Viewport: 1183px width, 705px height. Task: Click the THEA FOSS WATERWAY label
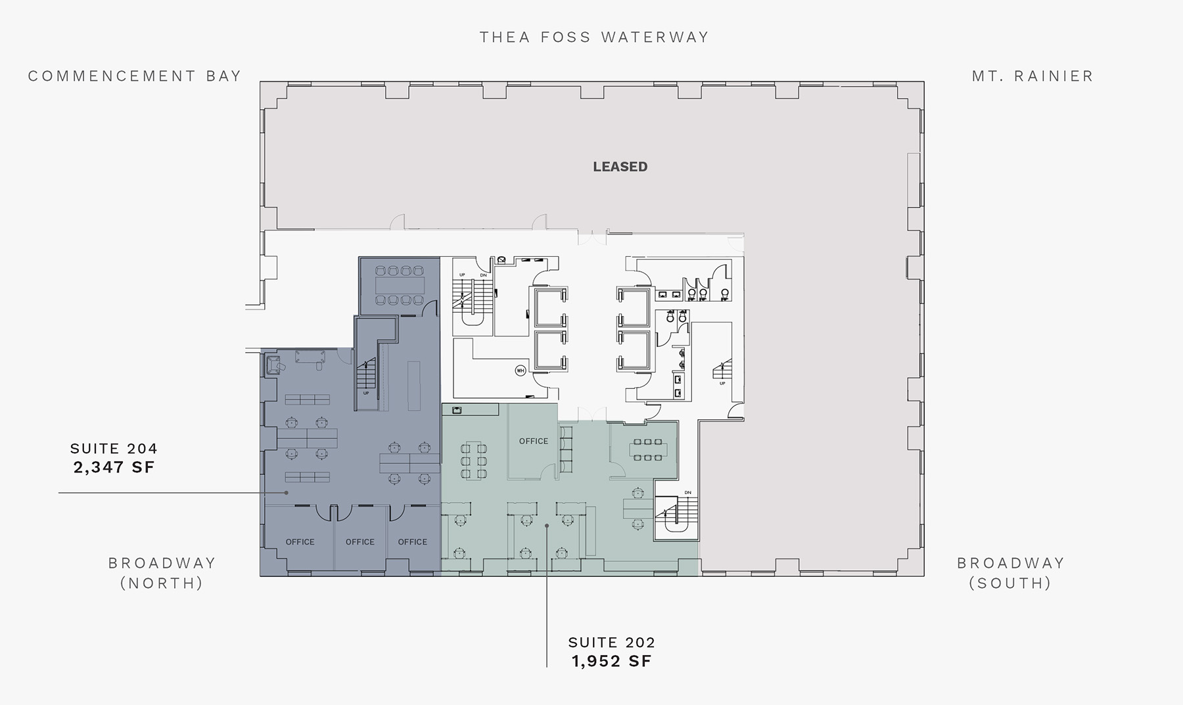594,37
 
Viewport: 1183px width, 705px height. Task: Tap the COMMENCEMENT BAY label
135,76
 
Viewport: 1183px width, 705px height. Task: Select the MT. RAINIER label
1032,76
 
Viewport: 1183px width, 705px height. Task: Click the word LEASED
620,167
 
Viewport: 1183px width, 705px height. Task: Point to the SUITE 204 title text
114,449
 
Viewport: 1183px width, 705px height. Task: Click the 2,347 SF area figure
114,467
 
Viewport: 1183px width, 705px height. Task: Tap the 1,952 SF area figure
612,661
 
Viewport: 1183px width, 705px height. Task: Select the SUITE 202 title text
612,643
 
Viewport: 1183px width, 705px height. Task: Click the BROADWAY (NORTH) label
162,573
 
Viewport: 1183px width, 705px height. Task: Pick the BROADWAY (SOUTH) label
1010,573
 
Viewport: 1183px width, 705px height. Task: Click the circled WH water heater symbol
521,371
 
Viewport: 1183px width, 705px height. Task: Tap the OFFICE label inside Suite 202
534,442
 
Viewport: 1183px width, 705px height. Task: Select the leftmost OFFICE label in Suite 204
300,542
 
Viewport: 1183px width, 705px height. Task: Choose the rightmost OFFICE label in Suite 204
413,542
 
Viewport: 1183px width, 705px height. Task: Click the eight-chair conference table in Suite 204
400,285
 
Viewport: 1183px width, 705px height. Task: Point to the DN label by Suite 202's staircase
687,493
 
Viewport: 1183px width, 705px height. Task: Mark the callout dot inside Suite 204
287,492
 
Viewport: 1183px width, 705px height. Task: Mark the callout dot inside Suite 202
547,526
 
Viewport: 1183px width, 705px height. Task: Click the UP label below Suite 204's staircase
366,394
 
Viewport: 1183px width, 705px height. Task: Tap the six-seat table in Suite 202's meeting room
647,449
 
